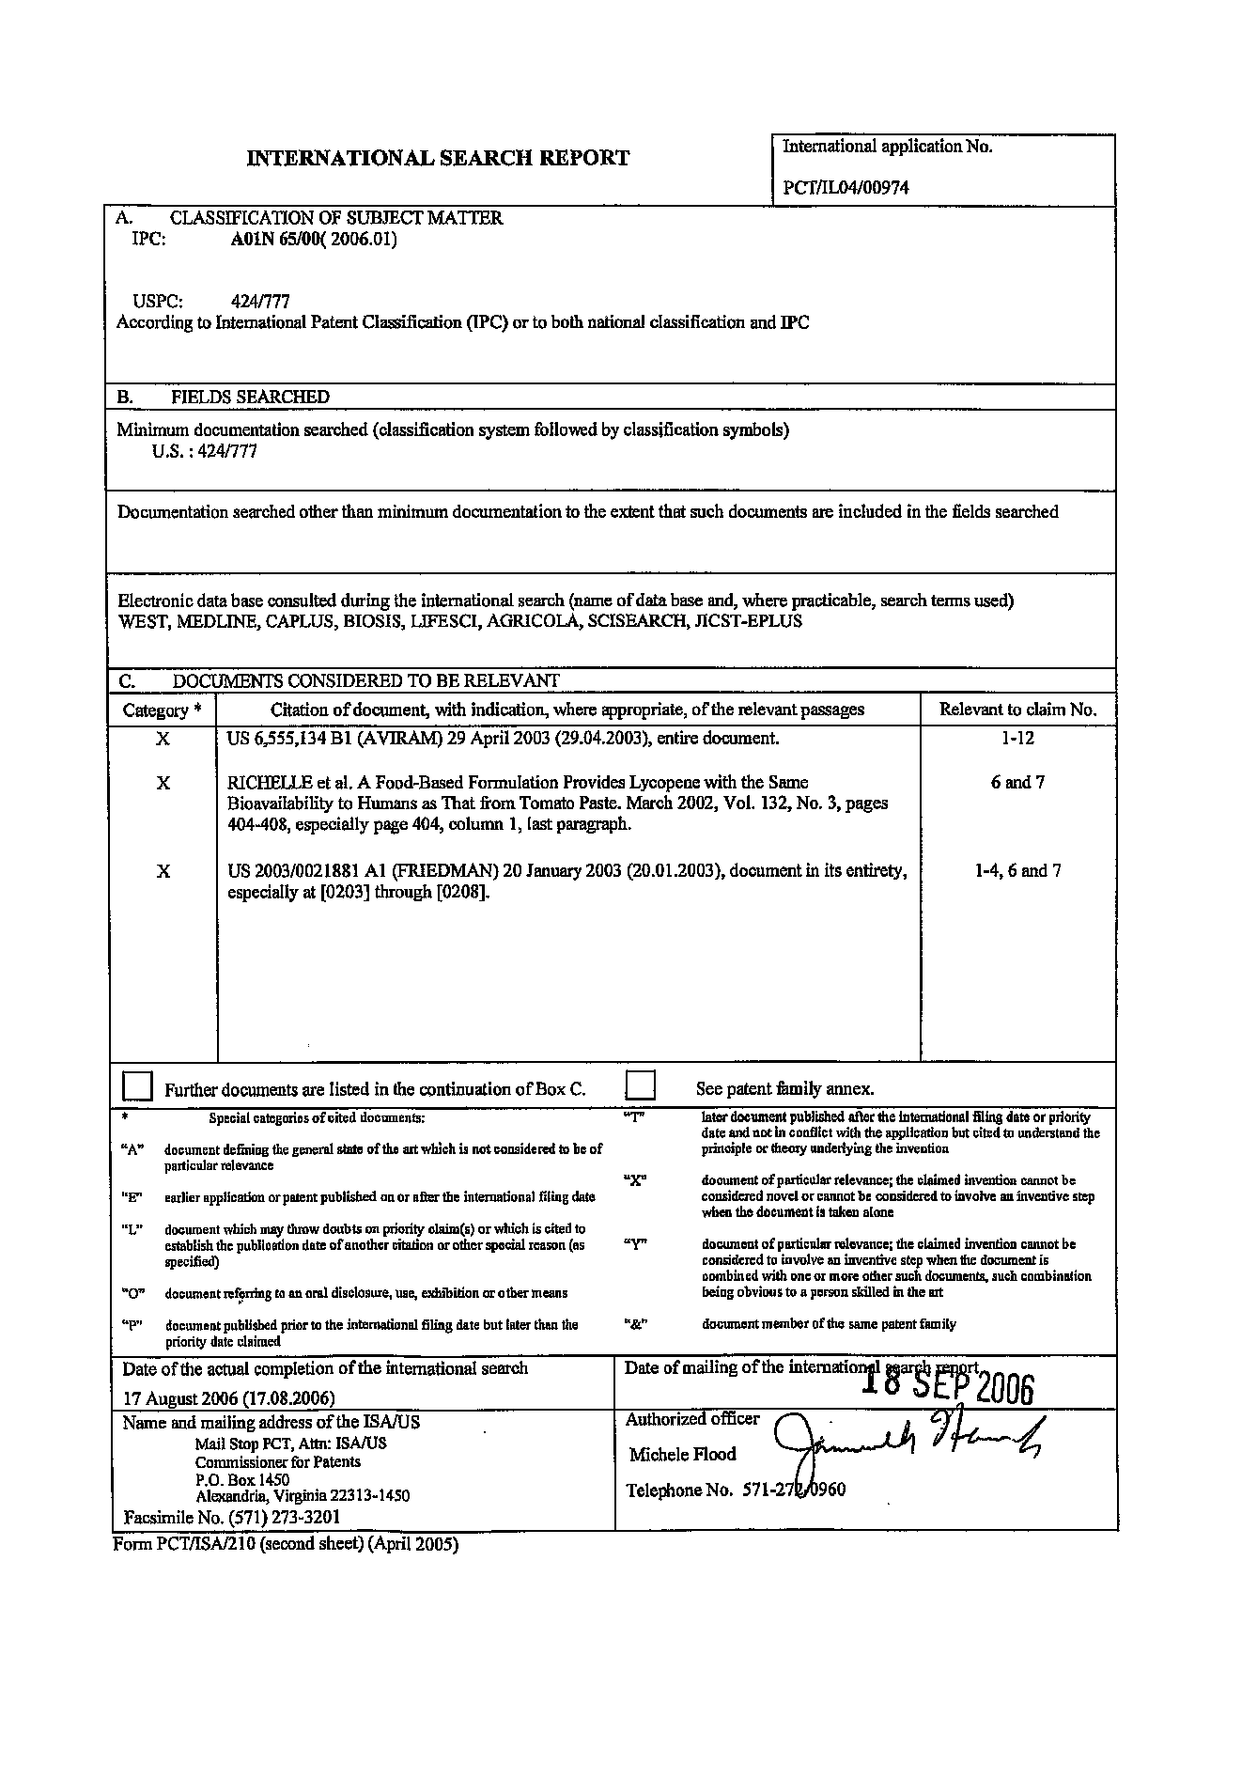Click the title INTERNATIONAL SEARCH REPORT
click(438, 158)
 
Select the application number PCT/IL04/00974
click(846, 187)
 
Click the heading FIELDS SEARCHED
click(250, 397)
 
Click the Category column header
click(162, 710)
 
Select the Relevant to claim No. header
click(1017, 710)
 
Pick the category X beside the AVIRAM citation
click(163, 740)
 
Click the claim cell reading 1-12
click(1017, 738)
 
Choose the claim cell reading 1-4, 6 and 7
click(1017, 870)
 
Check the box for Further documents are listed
click(137, 1086)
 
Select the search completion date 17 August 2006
click(228, 1397)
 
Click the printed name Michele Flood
click(682, 1455)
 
